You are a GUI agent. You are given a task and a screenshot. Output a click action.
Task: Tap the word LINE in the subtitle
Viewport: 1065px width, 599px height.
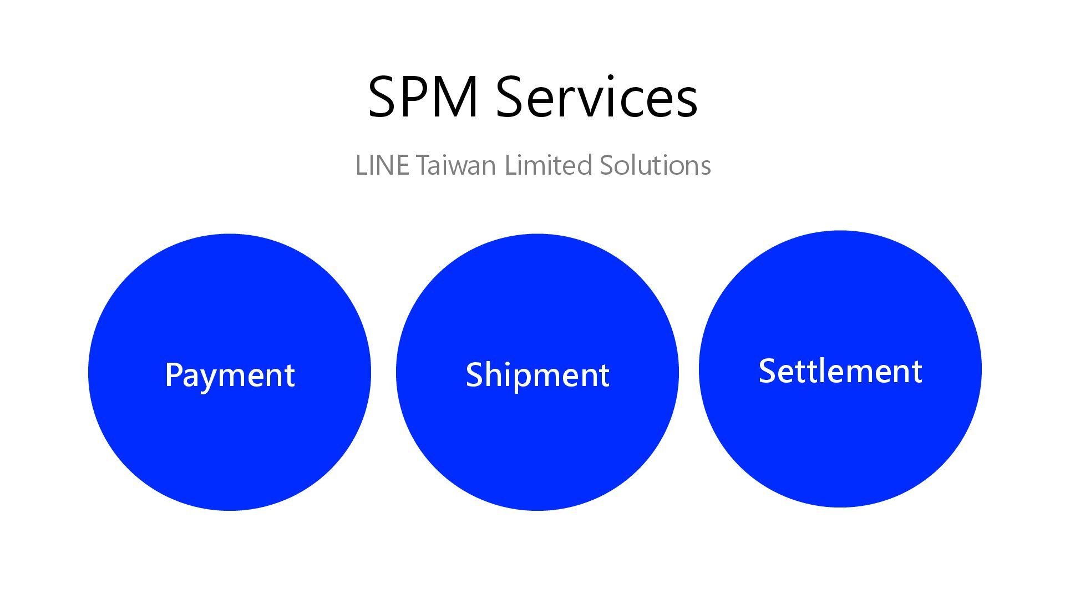pos(382,165)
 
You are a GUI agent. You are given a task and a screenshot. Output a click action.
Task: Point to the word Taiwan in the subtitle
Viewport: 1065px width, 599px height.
pos(455,165)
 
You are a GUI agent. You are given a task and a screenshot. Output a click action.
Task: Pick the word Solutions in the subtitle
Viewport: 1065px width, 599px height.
pos(655,165)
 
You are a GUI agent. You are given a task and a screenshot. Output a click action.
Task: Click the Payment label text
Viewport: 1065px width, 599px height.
pos(230,375)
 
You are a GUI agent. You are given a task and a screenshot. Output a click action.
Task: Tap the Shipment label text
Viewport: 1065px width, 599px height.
pos(537,375)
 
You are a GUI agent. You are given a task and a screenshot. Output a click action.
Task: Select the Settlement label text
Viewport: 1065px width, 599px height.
pos(840,371)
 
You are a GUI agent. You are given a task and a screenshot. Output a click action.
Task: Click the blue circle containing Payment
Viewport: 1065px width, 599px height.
pos(230,444)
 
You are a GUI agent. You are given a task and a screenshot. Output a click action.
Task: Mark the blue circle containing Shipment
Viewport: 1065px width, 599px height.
pos(537,444)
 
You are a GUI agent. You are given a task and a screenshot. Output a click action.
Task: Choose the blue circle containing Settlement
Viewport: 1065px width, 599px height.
pos(840,444)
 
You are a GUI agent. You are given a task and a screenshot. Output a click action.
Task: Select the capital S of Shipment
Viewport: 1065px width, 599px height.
pos(475,374)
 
